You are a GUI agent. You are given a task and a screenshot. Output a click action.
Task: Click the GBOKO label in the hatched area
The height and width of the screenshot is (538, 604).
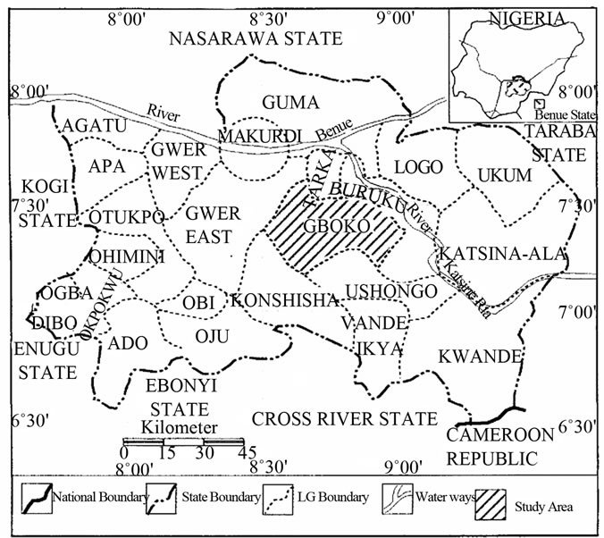337,227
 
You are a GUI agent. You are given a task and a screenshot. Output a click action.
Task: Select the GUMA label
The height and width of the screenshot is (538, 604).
283,101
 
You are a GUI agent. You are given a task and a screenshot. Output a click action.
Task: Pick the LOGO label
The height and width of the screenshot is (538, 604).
412,167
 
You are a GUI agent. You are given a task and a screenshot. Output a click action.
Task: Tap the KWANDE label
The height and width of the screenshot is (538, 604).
479,357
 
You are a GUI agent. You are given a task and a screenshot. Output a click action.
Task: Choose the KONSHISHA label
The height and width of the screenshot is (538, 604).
281,302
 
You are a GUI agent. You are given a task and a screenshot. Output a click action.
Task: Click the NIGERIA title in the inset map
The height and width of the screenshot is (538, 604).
526,18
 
